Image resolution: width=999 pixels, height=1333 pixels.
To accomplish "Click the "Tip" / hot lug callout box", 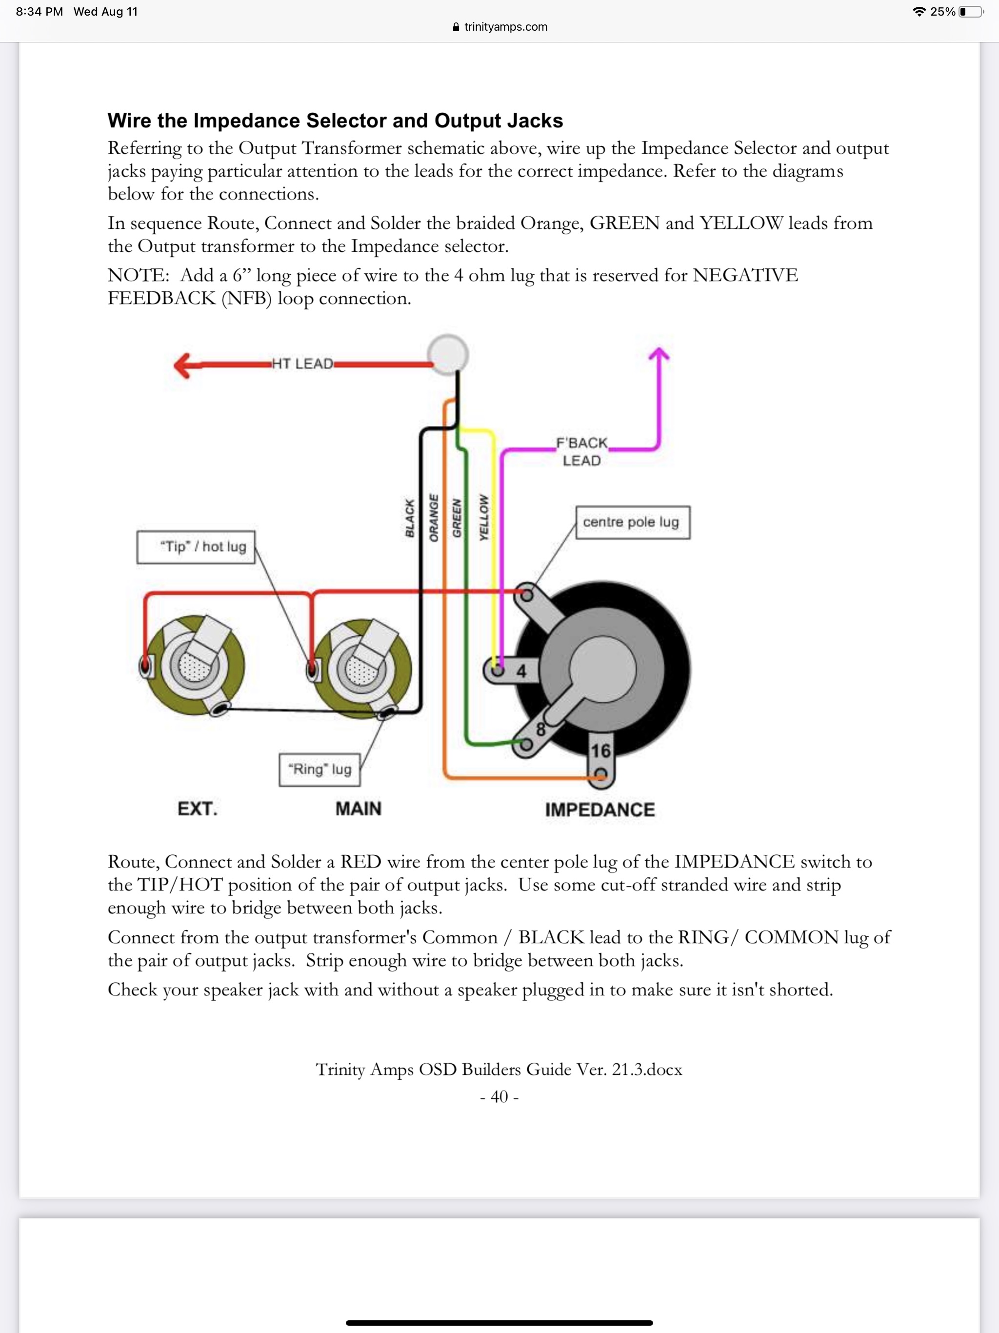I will point(196,546).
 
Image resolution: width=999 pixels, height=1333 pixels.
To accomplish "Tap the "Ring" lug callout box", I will point(320,769).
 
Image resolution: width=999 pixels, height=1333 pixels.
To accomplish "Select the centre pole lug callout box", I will point(632,522).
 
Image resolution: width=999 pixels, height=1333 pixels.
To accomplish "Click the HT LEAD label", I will point(302,364).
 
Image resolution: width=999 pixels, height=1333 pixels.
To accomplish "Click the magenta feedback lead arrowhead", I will point(659,355).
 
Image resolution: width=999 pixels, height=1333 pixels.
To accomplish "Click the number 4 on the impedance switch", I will point(521,671).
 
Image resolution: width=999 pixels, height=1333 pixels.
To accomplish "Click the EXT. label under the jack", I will point(197,808).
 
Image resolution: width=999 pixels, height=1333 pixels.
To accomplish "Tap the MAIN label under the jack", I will point(359,808).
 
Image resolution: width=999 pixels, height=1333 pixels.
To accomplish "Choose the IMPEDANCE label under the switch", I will point(599,810).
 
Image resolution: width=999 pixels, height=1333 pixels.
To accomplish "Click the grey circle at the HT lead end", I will point(448,354).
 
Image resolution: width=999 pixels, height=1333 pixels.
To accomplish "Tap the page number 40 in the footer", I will point(499,1096).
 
